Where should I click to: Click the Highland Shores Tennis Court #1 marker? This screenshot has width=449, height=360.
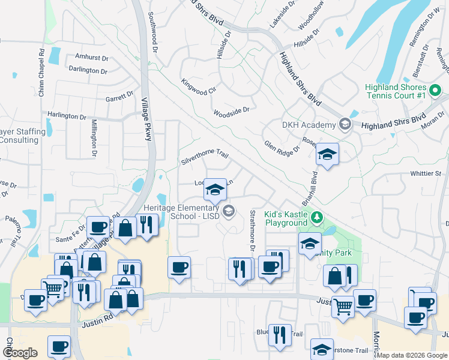pyautogui.click(x=436, y=91)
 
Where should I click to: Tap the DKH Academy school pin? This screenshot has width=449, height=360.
pyautogui.click(x=345, y=125)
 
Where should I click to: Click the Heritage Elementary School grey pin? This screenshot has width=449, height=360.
pyautogui.click(x=229, y=211)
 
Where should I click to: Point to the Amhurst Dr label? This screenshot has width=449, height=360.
pyautogui.click(x=92, y=58)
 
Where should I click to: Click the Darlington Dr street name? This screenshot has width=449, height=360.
pyautogui.click(x=88, y=70)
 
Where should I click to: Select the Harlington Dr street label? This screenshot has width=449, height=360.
pyautogui.click(x=67, y=116)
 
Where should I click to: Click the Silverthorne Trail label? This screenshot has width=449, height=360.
pyautogui.click(x=205, y=158)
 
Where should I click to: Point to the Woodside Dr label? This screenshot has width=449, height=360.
pyautogui.click(x=231, y=111)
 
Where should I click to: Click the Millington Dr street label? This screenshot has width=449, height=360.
pyautogui.click(x=94, y=137)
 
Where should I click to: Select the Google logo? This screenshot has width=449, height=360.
pyautogui.click(x=20, y=353)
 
